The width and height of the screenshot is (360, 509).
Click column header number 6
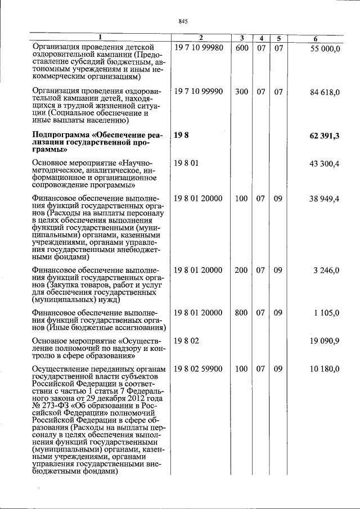point(316,38)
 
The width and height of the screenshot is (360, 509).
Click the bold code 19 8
point(181,135)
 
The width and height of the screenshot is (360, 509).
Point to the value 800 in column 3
point(241,313)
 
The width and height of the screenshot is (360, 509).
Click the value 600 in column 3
point(241,48)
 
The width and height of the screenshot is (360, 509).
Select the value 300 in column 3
point(241,91)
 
